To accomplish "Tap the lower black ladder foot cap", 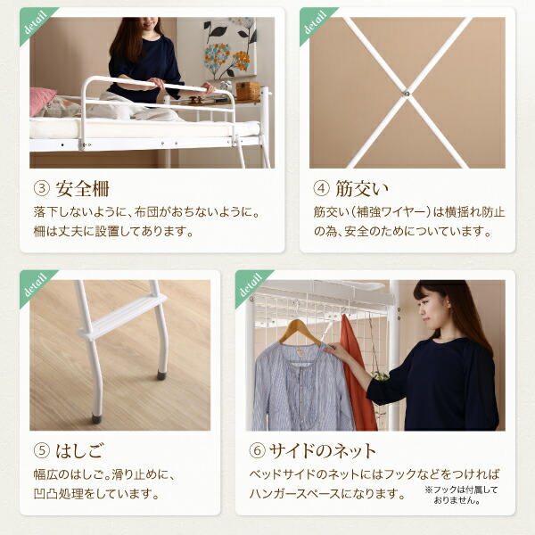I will click(96, 416).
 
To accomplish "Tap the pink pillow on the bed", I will click(41, 101).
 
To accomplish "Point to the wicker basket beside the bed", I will click(248, 91).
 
